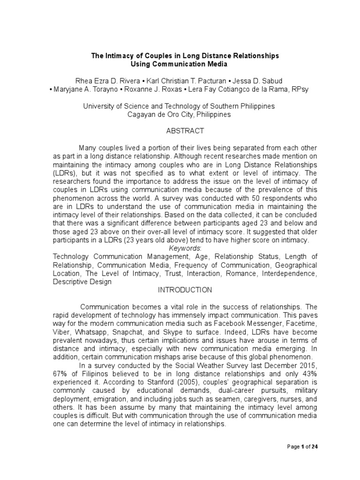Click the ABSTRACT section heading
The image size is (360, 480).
point(185,132)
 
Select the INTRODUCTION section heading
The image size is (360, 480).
point(185,290)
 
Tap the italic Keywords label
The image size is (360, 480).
point(185,248)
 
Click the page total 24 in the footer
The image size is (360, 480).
point(315,446)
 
